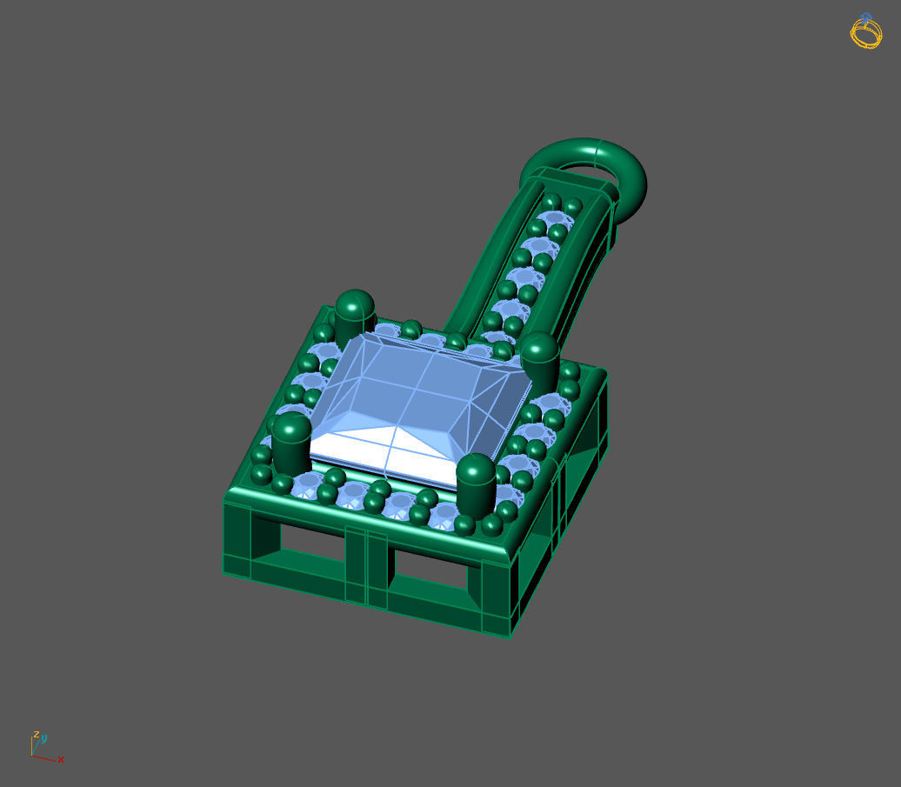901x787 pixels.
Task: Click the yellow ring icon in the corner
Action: point(866,31)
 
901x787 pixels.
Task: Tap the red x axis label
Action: point(61,759)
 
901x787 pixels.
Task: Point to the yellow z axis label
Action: point(37,734)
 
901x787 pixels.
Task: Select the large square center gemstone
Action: point(417,408)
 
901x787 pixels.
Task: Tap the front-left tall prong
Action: point(291,443)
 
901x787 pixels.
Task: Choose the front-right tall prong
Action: point(476,484)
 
